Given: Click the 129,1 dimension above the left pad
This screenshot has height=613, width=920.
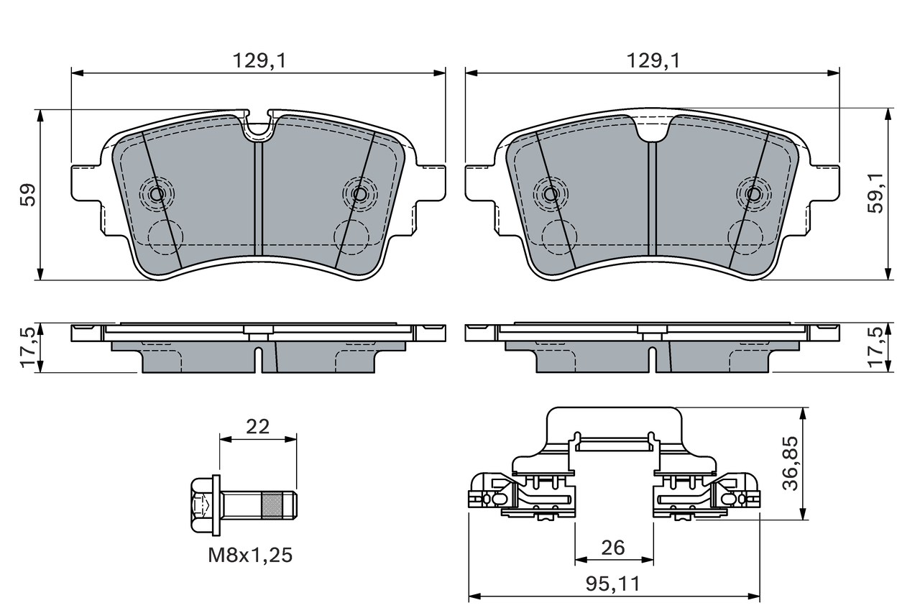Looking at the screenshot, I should click(x=258, y=62).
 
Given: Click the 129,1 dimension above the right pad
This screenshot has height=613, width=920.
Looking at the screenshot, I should click(x=652, y=62).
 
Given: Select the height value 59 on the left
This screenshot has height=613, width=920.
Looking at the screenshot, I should click(x=28, y=195).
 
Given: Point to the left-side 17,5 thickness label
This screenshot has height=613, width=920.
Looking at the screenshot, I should click(x=28, y=348).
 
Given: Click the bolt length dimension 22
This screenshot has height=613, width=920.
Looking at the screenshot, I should click(x=257, y=427).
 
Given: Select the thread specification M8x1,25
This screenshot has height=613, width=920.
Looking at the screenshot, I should click(x=250, y=555).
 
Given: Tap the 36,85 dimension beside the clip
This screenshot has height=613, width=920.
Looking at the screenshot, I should click(x=790, y=463).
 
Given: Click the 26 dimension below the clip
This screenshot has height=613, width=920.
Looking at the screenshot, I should click(x=613, y=548).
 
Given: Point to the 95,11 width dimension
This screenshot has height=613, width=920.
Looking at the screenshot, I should click(x=613, y=584).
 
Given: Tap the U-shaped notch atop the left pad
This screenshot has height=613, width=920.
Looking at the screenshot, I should click(x=259, y=126).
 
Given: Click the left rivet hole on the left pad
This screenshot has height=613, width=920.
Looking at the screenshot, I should click(x=157, y=193).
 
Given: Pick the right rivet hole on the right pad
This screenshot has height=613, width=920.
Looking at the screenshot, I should click(x=753, y=194).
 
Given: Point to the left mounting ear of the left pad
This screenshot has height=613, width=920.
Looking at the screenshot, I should click(x=85, y=183).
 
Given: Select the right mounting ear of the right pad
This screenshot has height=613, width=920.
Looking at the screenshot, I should click(x=827, y=183).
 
